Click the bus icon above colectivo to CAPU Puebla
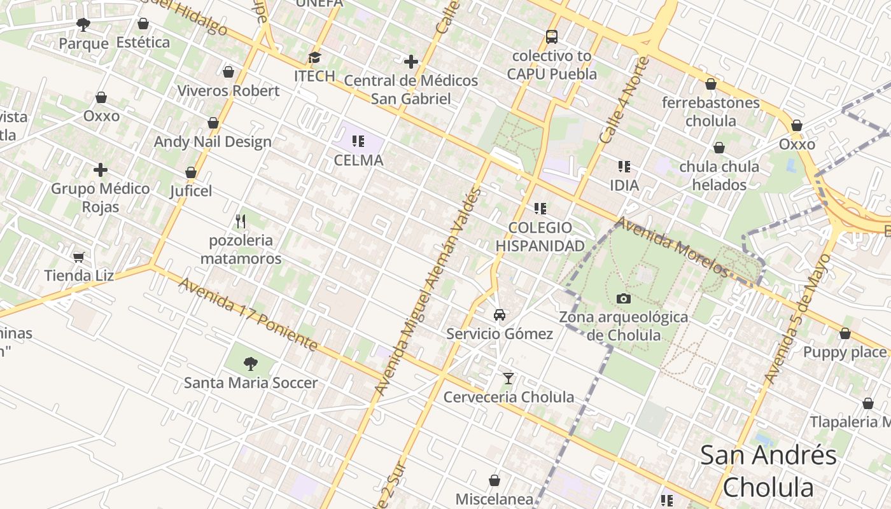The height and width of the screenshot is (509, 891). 552,37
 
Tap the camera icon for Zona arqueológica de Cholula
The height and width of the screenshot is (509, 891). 624,298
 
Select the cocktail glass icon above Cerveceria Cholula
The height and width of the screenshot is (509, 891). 508,379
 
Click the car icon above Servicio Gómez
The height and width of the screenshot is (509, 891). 500,315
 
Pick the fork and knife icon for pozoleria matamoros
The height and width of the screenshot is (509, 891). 241,221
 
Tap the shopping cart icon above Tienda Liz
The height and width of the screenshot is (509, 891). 79,257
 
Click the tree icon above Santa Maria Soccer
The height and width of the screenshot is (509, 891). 251,364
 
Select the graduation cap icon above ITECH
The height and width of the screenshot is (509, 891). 314,58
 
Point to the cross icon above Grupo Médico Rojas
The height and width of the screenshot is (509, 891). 101,170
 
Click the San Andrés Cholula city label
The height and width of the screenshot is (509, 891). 768,471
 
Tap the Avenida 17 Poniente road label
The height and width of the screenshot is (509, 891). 248,314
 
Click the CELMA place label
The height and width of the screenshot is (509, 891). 359,160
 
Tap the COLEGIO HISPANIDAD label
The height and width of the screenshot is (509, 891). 540,237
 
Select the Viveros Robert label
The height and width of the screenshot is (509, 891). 228,90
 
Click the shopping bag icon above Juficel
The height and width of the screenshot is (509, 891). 191,172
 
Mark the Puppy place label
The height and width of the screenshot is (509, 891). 845,352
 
